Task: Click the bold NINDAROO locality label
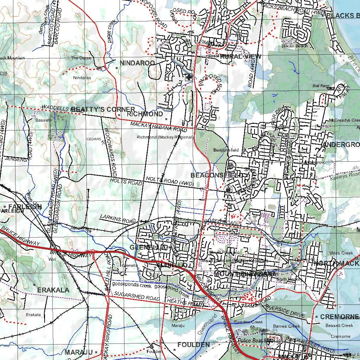tap(137, 63)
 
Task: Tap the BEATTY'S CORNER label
tap(103, 109)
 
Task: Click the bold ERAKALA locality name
tap(53, 290)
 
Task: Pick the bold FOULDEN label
tap(193, 345)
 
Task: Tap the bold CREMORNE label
tap(339, 317)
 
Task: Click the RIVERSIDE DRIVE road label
tap(285, 311)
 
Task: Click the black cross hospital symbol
tap(189, 77)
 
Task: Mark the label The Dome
tap(81, 58)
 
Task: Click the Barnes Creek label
tap(287, 326)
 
